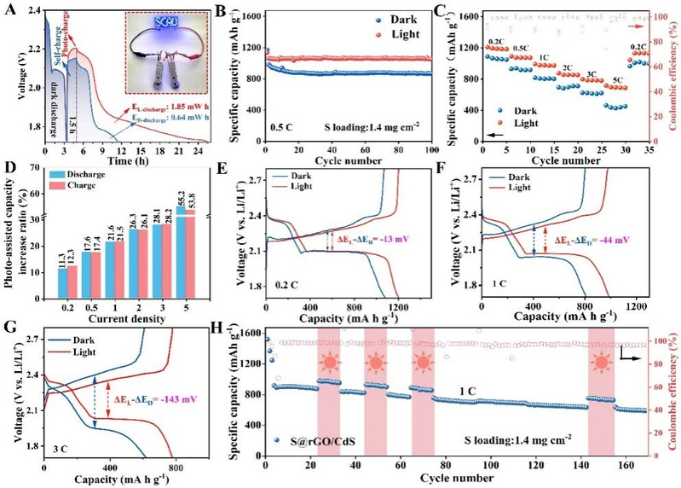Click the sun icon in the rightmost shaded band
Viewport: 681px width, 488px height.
point(602,352)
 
